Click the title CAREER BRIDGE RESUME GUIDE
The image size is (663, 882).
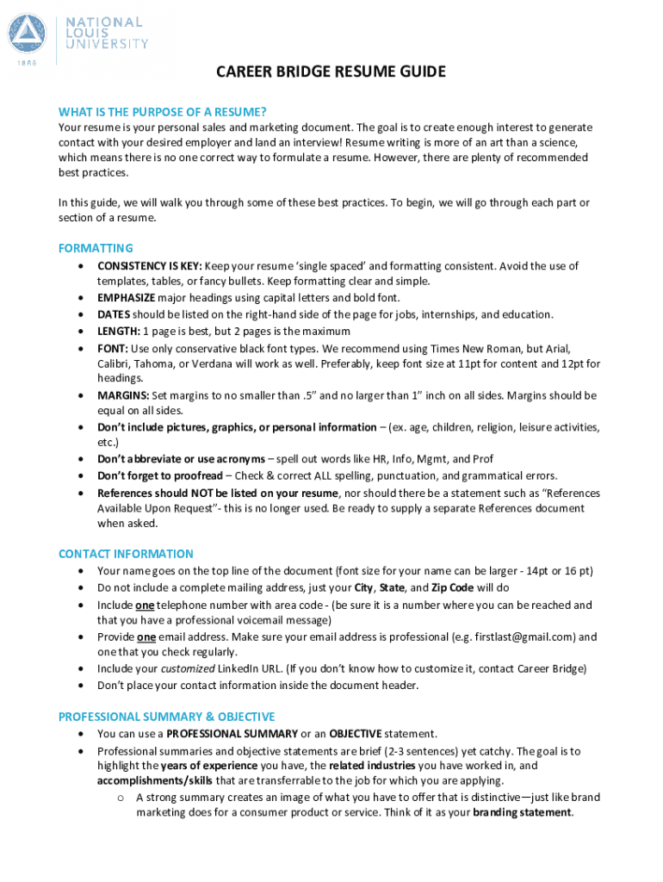pyautogui.click(x=331, y=71)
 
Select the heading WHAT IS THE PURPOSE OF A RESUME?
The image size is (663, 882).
pyautogui.click(x=162, y=112)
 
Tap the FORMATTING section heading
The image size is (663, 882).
pyautogui.click(x=96, y=248)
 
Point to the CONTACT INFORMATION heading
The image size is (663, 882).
pyautogui.click(x=126, y=554)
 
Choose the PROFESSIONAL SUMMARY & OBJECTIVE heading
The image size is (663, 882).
pyautogui.click(x=166, y=717)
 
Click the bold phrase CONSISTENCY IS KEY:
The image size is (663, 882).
pyautogui.click(x=150, y=265)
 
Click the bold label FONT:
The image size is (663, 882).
pyautogui.click(x=113, y=348)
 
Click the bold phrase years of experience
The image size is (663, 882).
pyautogui.click(x=209, y=766)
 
